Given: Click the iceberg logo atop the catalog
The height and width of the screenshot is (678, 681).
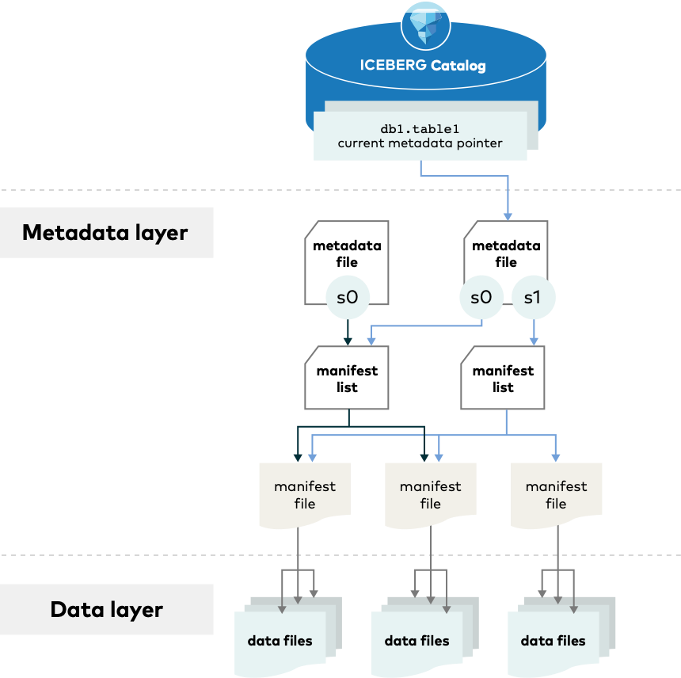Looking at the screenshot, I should [x=426, y=23].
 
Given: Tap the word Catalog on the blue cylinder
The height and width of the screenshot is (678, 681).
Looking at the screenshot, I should [x=458, y=65].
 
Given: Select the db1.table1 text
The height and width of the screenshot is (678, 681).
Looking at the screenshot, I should [x=420, y=128].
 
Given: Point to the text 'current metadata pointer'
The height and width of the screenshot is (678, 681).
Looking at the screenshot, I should [x=420, y=143].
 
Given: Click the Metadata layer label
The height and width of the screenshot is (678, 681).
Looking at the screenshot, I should [x=105, y=232].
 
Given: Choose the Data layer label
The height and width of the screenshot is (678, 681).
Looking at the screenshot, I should [x=106, y=609].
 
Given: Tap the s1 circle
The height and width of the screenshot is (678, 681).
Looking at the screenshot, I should [x=534, y=298].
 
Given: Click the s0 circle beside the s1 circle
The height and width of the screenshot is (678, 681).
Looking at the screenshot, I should [x=481, y=298].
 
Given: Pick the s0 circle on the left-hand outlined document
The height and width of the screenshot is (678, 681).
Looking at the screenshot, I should [x=348, y=298].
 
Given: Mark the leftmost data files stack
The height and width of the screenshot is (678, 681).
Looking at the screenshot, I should [x=280, y=640].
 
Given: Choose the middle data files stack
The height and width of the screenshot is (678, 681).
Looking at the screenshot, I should [x=417, y=640].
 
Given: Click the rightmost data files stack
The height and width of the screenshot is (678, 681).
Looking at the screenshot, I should [x=553, y=640].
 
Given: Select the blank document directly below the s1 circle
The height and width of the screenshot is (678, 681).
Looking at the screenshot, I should [x=503, y=378].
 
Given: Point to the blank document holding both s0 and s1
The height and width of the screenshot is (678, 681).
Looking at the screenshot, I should [x=505, y=257].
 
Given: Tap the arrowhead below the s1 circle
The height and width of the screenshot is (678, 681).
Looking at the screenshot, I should [x=534, y=341].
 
